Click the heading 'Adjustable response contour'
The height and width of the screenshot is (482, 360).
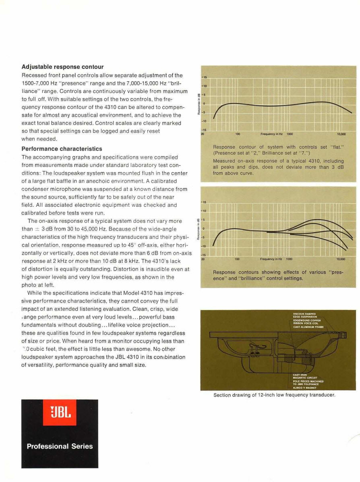[62, 67]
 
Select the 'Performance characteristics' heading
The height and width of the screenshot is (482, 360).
[62, 148]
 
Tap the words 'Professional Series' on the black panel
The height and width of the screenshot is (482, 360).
[60, 446]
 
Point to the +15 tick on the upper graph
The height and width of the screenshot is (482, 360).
[204, 77]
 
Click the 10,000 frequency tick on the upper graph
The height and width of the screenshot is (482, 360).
[341, 134]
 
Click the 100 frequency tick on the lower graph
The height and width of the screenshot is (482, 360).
[237, 260]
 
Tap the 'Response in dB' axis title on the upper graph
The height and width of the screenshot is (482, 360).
[199, 103]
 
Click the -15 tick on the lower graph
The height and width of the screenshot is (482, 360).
[204, 255]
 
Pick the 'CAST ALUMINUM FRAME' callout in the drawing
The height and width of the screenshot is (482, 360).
[308, 327]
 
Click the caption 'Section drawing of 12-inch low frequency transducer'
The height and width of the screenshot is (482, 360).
[274, 395]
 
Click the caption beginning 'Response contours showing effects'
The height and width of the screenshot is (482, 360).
[277, 275]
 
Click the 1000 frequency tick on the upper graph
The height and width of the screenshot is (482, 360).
[290, 134]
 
